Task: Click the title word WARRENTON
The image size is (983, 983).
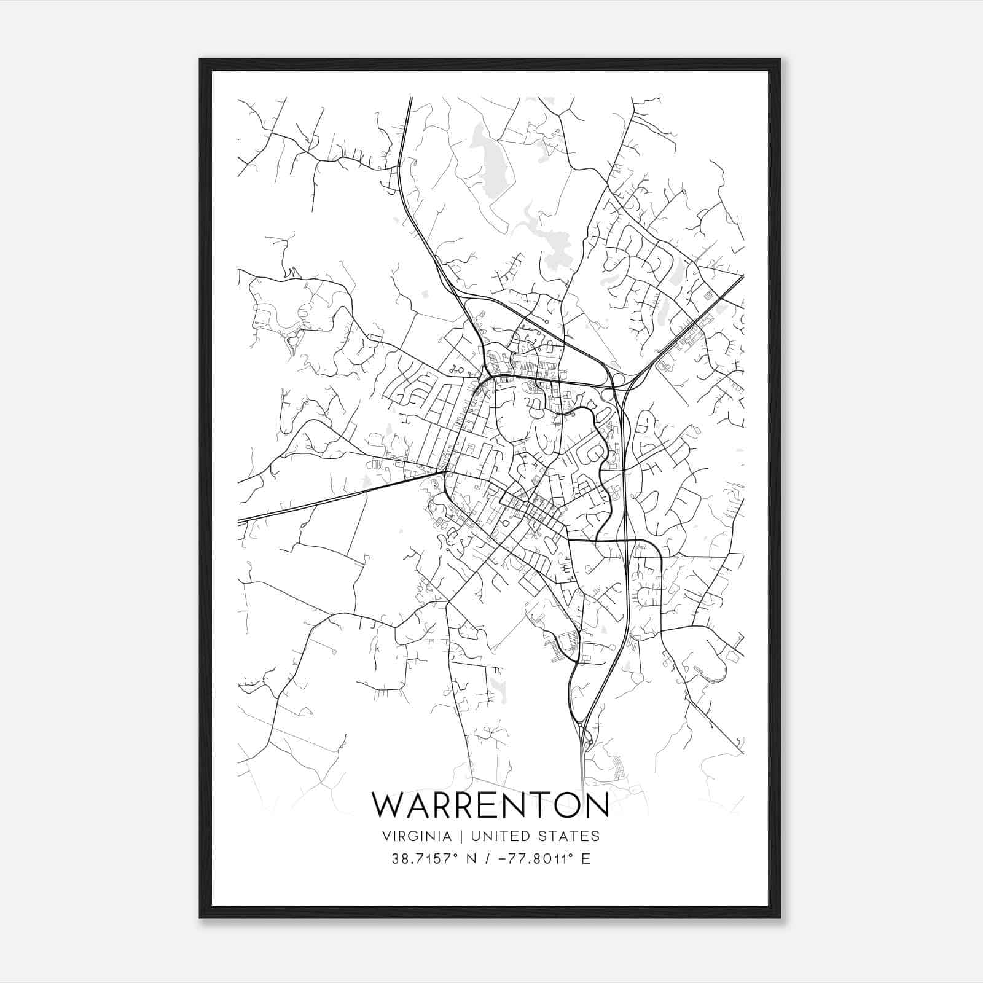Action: coord(490,805)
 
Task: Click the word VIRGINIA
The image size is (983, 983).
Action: coord(416,836)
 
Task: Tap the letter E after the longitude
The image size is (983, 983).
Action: coord(585,859)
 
